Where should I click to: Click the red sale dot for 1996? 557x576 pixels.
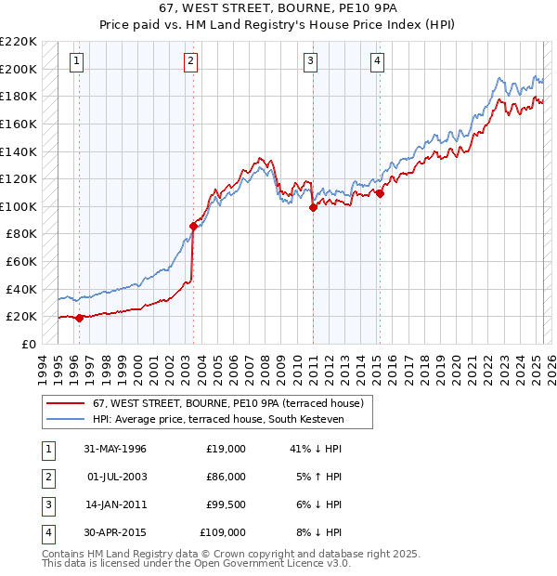(79, 318)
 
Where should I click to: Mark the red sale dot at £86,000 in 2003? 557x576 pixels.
(193, 226)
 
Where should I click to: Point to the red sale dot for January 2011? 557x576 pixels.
(313, 207)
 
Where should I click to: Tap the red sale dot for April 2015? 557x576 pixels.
(381, 194)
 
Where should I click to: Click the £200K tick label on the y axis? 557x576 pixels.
(19, 69)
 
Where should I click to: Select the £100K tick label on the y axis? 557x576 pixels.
(19, 206)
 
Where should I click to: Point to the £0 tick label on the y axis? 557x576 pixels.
(29, 344)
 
